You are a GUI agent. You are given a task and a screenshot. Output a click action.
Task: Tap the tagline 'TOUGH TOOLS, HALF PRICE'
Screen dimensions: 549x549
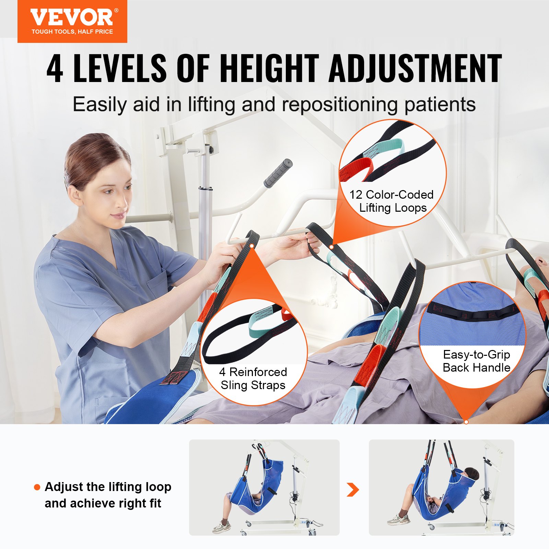[x=72, y=32]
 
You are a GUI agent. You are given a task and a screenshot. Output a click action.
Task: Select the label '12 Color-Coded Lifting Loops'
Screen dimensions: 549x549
[x=392, y=201]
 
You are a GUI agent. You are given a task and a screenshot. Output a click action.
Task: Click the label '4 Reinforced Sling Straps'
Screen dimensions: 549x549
[x=253, y=378]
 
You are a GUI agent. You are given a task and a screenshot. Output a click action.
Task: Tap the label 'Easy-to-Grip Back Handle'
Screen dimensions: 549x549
[x=476, y=361]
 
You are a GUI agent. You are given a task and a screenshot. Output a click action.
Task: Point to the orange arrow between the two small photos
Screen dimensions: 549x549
[x=353, y=489]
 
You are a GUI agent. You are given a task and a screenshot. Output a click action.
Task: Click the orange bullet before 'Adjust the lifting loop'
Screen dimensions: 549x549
[x=37, y=487]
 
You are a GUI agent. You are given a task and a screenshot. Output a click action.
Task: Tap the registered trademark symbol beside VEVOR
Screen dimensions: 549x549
[x=116, y=11]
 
